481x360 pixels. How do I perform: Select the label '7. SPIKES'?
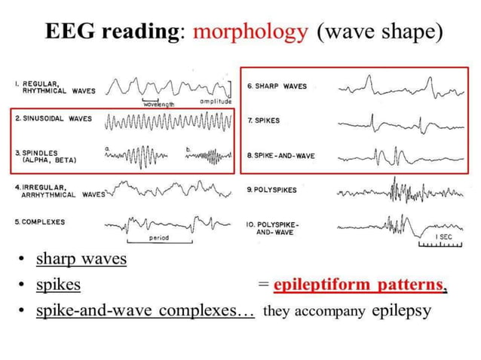click(x=263, y=121)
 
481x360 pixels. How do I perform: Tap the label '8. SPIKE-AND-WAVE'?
click(x=280, y=156)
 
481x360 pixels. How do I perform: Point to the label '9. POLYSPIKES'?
click(x=271, y=190)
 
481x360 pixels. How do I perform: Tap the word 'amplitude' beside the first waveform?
click(x=216, y=100)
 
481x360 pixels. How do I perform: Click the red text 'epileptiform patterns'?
click(x=357, y=286)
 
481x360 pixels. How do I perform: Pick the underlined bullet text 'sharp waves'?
click(x=81, y=259)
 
